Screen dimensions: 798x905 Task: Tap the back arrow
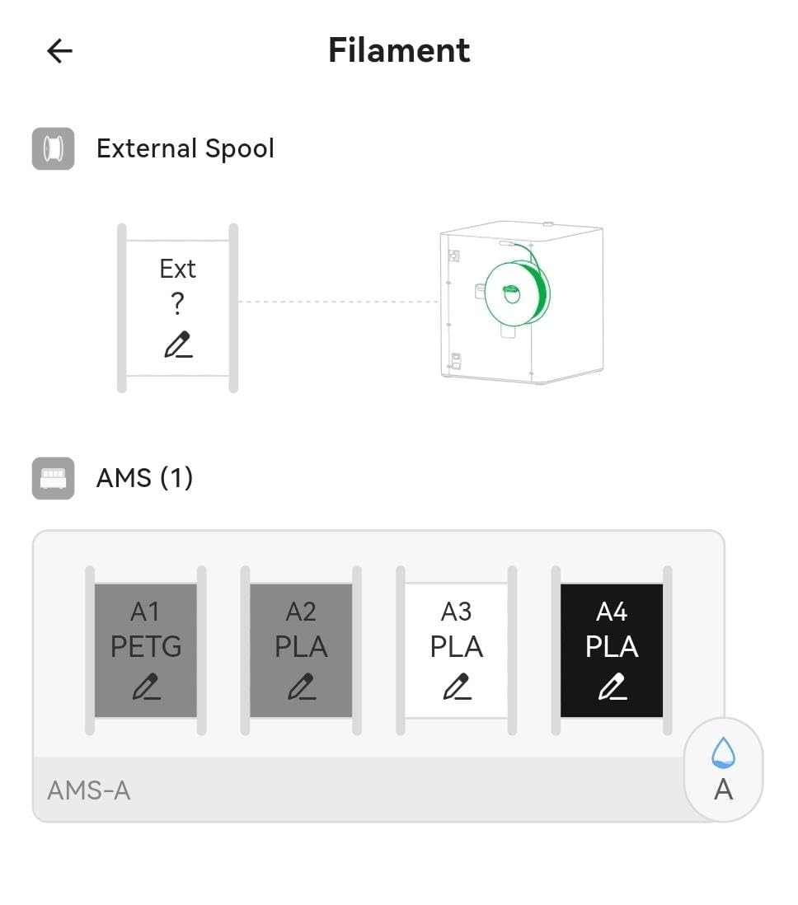[x=59, y=51]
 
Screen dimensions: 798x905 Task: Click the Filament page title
[x=399, y=50]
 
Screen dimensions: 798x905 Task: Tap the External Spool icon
[x=53, y=149]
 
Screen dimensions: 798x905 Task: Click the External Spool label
[x=185, y=149]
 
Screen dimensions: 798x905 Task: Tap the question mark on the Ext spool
[x=178, y=303]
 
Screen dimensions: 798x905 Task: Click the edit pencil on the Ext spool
[x=178, y=345]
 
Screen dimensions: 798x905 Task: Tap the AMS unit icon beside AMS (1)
[x=53, y=479]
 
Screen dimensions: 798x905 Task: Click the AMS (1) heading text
[x=144, y=478]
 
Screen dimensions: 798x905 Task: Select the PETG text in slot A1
[x=146, y=646]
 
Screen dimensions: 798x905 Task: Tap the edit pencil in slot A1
[x=146, y=687]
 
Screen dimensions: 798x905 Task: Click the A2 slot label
[x=301, y=612]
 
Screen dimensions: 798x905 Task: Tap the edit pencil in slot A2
[x=302, y=687]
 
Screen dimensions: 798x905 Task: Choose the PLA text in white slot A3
[x=456, y=646]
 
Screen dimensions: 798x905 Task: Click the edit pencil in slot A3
[x=457, y=687]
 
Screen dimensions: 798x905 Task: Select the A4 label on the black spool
[x=612, y=612]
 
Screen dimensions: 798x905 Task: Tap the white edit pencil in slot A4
[x=612, y=687]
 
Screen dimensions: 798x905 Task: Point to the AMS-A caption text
[x=89, y=790]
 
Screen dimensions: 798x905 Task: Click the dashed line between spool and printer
[x=339, y=302]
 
